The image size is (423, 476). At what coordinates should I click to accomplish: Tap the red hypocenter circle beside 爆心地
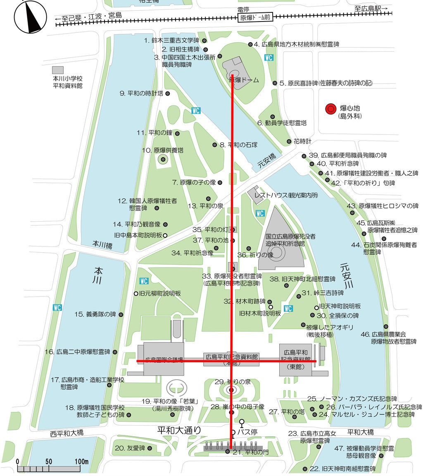click(330, 109)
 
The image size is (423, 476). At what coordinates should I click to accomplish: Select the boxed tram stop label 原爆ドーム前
click(256, 17)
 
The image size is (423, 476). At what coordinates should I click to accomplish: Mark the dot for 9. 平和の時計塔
click(168, 94)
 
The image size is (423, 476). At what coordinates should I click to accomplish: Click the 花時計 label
click(302, 141)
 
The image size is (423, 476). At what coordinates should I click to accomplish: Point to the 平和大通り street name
click(179, 431)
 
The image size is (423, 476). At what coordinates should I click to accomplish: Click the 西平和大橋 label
click(67, 433)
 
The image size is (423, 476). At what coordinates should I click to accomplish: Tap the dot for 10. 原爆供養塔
click(163, 159)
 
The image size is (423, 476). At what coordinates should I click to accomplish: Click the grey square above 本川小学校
click(58, 69)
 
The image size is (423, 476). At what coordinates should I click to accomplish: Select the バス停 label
click(258, 432)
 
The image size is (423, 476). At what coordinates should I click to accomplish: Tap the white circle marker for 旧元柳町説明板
click(135, 294)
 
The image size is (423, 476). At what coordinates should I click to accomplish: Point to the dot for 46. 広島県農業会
click(386, 326)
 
